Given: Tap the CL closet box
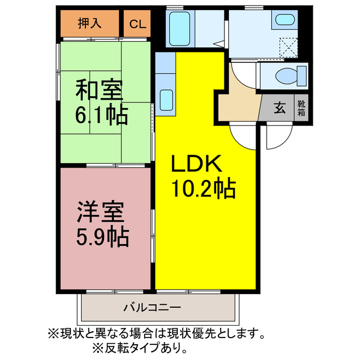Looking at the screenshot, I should coord(137,24).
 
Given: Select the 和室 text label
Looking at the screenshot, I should coord(99,90).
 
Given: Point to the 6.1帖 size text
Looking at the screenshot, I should coord(101,115).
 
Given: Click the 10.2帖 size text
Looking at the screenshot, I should coord(203,188).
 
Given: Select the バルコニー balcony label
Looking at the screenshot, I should coord(151,308).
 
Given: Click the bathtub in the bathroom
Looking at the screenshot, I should coord(180,27).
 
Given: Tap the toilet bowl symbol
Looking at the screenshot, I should coord(290,74).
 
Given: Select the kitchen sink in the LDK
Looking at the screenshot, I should coord(166,100).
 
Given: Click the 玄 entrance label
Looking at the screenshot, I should coord(279,107).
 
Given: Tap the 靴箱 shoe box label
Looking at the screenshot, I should coord(301,107).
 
